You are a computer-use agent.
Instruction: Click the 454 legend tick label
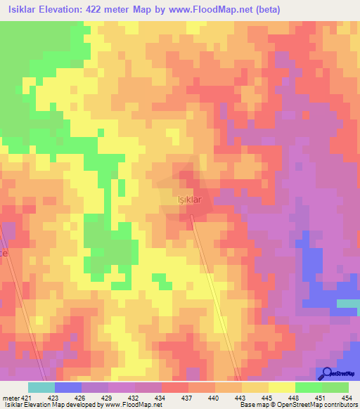click(x=346, y=397)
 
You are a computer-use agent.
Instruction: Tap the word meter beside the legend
click(x=11, y=397)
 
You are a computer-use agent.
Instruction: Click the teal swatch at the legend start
click(x=41, y=387)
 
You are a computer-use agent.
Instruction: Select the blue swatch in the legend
click(x=68, y=387)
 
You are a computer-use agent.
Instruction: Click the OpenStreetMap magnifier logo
click(x=327, y=373)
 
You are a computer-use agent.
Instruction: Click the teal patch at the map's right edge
click(x=348, y=304)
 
